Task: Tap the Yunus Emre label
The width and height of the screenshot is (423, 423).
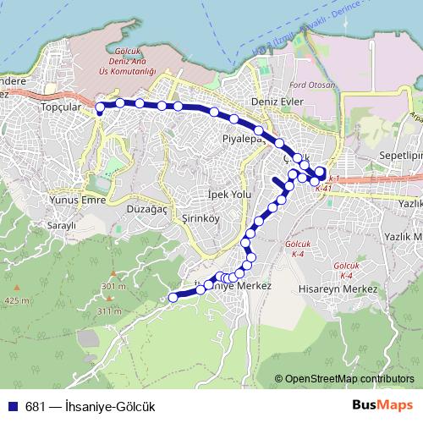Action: click(52, 200)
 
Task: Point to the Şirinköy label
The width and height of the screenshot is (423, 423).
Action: click(178, 218)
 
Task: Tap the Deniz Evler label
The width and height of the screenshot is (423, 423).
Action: click(266, 101)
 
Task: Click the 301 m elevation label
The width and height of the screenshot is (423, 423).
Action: click(113, 287)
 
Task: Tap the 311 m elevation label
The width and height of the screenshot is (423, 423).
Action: click(110, 311)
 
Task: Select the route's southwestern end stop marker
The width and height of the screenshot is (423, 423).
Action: click(173, 297)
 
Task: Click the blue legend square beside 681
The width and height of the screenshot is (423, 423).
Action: click(12, 406)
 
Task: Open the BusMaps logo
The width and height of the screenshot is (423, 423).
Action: click(382, 405)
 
